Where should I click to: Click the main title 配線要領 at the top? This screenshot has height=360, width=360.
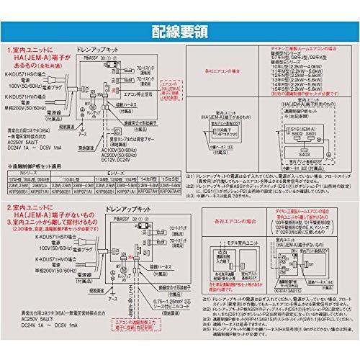coord(180,30)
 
